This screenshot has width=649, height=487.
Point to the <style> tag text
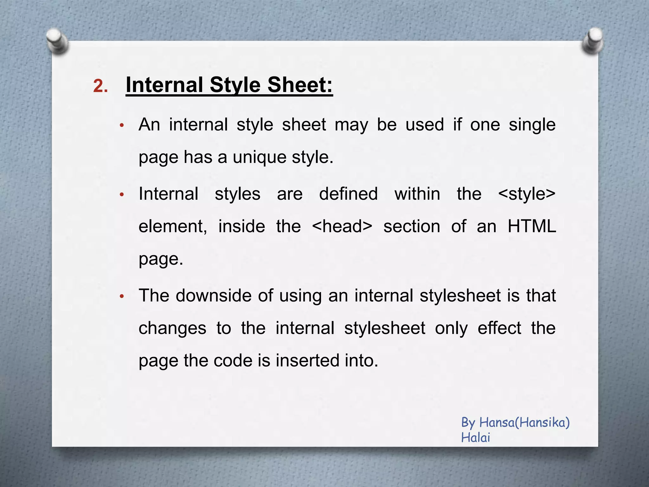[x=527, y=194]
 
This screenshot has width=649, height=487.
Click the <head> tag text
[x=342, y=226]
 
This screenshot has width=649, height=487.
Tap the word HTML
[x=532, y=226]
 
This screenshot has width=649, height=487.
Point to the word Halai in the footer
[x=475, y=438]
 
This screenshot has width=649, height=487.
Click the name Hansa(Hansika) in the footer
[x=524, y=423]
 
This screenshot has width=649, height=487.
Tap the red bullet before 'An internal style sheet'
[x=121, y=126]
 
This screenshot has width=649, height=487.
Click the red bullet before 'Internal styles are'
[x=121, y=195]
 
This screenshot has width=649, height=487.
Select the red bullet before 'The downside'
[x=121, y=297]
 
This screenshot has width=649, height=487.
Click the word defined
[x=348, y=194]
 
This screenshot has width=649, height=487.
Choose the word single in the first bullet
[x=532, y=125]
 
